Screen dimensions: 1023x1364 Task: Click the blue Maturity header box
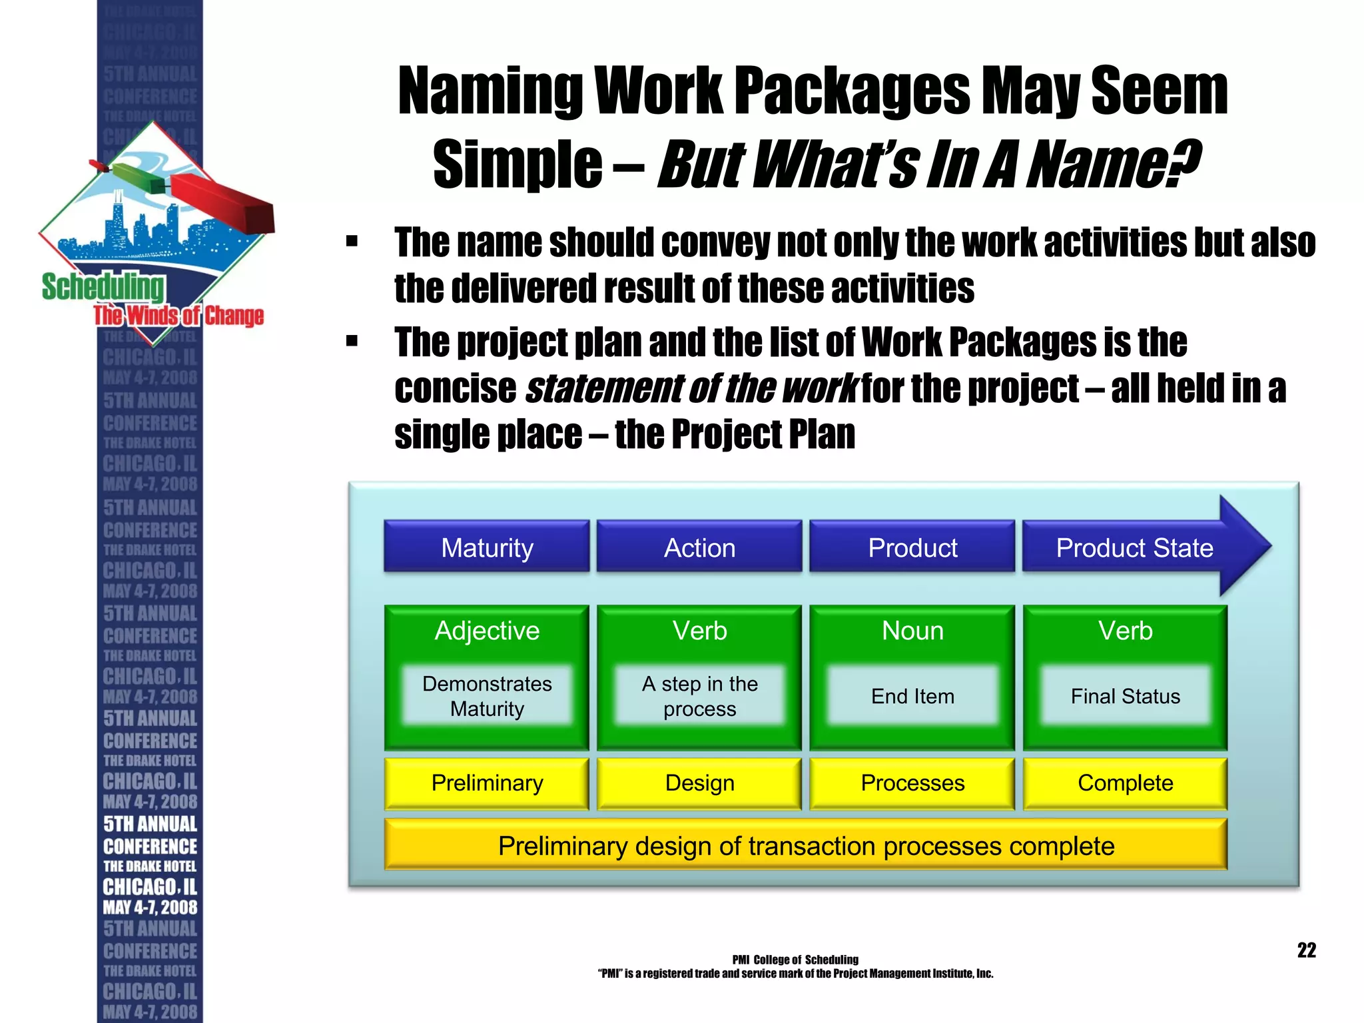point(487,547)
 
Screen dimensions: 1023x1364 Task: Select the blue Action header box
point(699,547)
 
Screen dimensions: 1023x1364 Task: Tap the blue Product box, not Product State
point(912,547)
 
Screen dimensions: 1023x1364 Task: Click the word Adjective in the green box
point(487,631)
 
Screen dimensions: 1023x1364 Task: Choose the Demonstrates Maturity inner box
point(487,696)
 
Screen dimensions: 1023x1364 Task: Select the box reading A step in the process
point(699,696)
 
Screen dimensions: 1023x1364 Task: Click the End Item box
point(912,696)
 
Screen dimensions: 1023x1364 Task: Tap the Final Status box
point(1125,696)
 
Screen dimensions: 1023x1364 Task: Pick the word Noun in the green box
point(912,631)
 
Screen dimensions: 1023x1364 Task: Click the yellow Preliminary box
point(487,783)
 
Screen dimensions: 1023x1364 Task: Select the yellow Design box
point(699,783)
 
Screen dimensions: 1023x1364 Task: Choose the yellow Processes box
point(912,783)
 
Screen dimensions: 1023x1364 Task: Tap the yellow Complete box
point(1125,783)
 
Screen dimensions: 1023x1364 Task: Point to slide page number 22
point(1306,950)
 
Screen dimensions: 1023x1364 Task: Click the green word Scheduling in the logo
point(103,287)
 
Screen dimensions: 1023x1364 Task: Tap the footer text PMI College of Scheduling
point(795,960)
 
